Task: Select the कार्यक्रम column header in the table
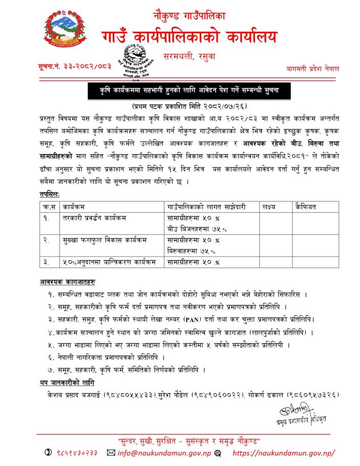coord(76,207)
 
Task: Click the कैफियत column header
coord(306,207)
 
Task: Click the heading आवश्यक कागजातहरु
coord(67,282)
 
